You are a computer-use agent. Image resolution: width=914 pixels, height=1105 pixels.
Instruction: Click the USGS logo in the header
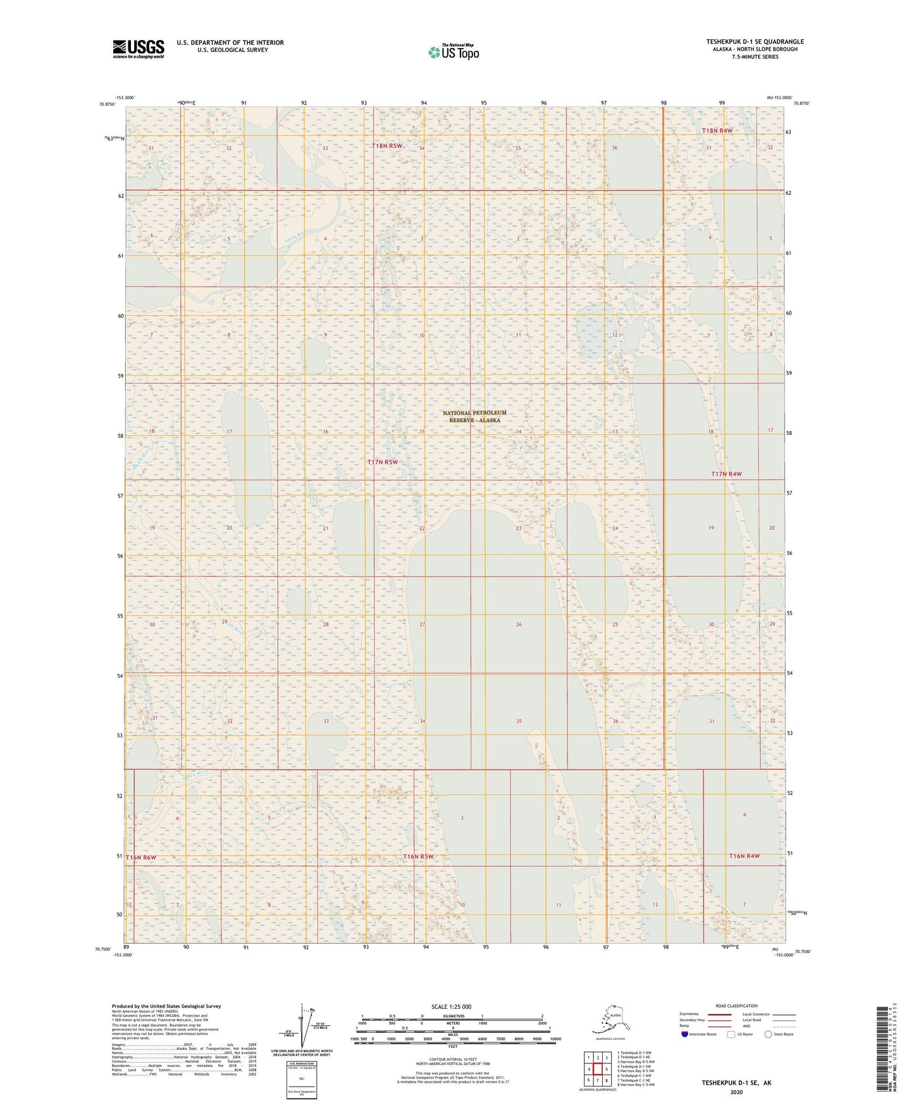click(139, 49)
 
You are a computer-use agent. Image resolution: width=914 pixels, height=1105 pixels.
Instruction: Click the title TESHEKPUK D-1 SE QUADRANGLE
click(755, 42)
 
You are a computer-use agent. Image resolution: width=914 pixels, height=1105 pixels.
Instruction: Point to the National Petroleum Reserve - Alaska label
click(474, 416)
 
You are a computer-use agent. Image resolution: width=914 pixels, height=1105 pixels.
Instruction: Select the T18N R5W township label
click(386, 146)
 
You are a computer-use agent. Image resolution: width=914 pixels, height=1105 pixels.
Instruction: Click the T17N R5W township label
click(383, 462)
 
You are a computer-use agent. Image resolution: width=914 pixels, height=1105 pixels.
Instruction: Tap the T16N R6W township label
click(140, 857)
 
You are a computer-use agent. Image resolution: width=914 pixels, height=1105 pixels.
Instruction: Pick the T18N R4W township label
click(717, 130)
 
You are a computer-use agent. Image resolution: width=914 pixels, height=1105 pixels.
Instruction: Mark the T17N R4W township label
click(726, 474)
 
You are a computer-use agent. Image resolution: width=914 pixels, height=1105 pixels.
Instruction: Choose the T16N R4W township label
click(744, 856)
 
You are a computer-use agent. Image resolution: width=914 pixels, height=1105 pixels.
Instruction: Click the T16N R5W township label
click(418, 856)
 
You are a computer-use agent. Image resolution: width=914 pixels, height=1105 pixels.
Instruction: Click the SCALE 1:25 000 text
click(451, 1006)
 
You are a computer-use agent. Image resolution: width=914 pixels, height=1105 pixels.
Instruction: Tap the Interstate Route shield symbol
click(685, 1034)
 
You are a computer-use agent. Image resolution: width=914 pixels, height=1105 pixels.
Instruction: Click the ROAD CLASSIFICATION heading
click(736, 1006)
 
